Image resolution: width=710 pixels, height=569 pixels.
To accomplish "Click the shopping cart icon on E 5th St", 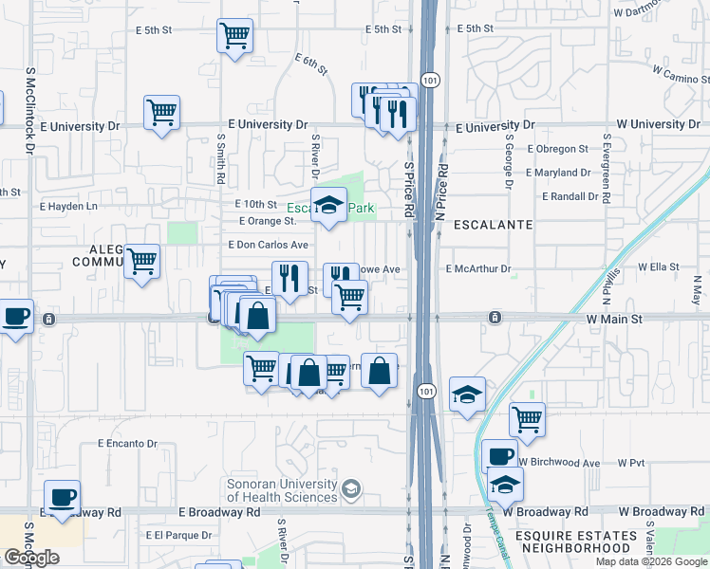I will pos(234,36).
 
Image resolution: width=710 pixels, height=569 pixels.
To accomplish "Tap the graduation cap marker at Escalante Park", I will pos(328,204).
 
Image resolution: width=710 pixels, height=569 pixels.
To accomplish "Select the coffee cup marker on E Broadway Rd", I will pos(63,497).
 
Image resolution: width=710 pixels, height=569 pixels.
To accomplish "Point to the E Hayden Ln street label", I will pos(65,206).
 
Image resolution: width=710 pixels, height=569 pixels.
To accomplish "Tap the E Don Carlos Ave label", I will pos(269,245).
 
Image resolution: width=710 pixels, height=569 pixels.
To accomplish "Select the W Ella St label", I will pos(659,267).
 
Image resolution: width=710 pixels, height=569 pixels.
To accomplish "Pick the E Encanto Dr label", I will pos(127,443).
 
